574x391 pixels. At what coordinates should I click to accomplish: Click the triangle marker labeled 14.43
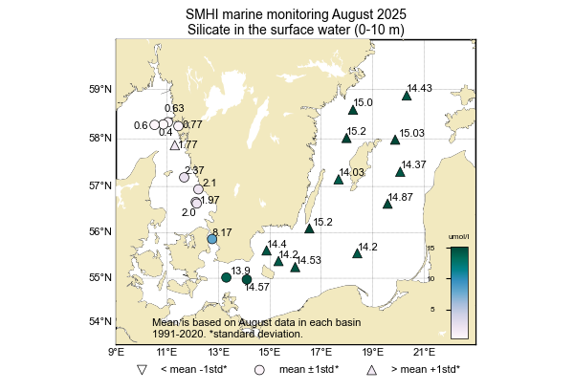point(407,96)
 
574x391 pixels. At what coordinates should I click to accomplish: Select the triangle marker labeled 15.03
point(395,140)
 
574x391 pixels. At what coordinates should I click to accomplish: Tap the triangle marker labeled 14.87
point(387,203)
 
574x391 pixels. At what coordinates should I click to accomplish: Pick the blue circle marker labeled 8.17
point(212,239)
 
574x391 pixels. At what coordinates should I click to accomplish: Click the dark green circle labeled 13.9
point(226,277)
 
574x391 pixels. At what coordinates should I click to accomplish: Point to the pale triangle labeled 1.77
point(174,145)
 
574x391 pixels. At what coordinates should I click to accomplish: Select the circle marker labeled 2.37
point(184,176)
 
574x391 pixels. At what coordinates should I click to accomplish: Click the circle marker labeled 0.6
point(154,125)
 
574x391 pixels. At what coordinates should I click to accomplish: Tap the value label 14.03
point(352,172)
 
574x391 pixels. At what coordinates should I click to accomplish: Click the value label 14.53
point(308,260)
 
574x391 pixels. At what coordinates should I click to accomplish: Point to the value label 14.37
point(414,164)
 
